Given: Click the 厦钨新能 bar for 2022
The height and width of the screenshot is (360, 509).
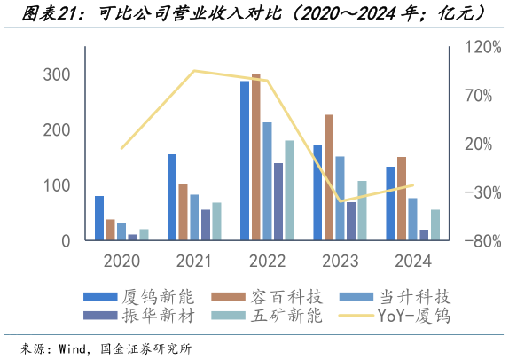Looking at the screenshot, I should pos(245,160).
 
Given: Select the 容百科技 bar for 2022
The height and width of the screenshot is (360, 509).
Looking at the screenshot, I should pos(256,157).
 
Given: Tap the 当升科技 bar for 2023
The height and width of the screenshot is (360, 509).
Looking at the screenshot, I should pos(340,198).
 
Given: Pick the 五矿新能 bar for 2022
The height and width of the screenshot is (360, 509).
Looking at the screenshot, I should pos(289,191).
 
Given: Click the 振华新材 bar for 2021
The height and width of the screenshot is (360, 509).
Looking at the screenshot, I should pos(206,225).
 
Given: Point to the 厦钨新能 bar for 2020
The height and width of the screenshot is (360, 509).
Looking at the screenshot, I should pos(99,218).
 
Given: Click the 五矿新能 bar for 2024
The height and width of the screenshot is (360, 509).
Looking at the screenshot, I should pos(435,225).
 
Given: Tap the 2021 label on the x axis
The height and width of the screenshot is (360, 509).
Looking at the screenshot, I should pos(194,261).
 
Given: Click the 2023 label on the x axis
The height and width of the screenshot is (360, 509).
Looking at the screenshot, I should pos(340,261).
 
